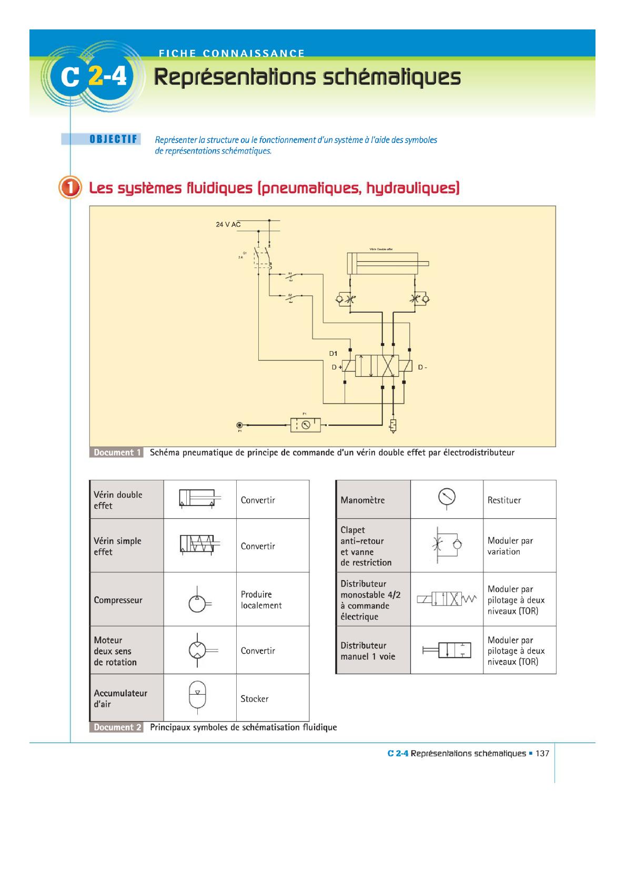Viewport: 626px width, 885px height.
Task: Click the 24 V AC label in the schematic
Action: (x=228, y=224)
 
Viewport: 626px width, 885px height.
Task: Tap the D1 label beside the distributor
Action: (x=333, y=354)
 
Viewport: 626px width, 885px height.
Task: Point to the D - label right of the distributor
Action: (x=422, y=367)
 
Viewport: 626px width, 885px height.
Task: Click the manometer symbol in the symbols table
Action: (x=447, y=498)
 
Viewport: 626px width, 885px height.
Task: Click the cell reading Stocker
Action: (x=255, y=699)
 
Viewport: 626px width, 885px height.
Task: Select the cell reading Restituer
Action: (x=504, y=500)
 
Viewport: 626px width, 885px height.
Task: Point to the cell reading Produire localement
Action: (x=261, y=600)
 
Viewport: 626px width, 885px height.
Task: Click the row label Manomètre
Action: (x=362, y=500)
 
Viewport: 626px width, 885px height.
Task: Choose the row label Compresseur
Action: (x=118, y=600)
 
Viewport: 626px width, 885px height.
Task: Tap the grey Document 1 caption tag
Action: (x=117, y=452)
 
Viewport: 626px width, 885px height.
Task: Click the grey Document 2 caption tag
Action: (x=117, y=727)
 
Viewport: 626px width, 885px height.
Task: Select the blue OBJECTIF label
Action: (x=113, y=139)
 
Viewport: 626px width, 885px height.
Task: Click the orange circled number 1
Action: (x=70, y=188)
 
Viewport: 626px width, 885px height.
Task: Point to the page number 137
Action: (x=542, y=753)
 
